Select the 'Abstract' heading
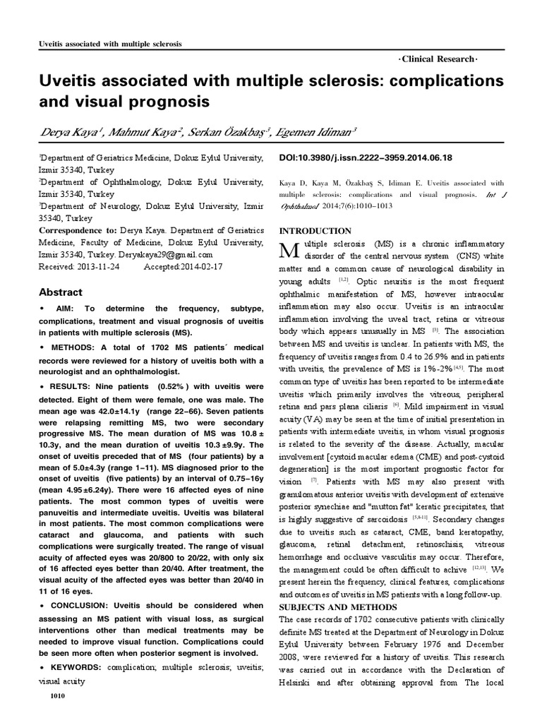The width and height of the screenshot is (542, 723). click(x=60, y=292)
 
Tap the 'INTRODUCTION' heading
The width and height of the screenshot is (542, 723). click(x=315, y=231)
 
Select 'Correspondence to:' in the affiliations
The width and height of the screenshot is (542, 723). click(x=82, y=230)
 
